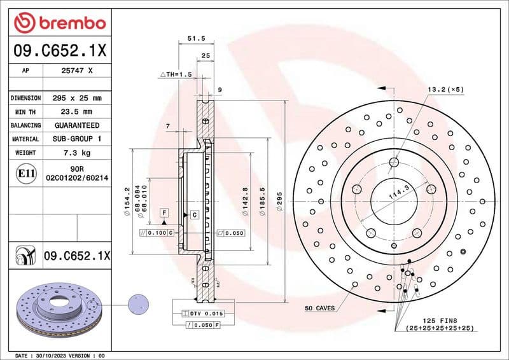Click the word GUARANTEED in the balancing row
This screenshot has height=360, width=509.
pos(77,125)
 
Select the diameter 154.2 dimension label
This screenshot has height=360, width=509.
pos(127,202)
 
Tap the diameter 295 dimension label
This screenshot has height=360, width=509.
pos(279,202)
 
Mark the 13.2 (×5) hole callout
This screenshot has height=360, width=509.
pos(445,90)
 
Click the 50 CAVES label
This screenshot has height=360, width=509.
pos(321,308)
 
